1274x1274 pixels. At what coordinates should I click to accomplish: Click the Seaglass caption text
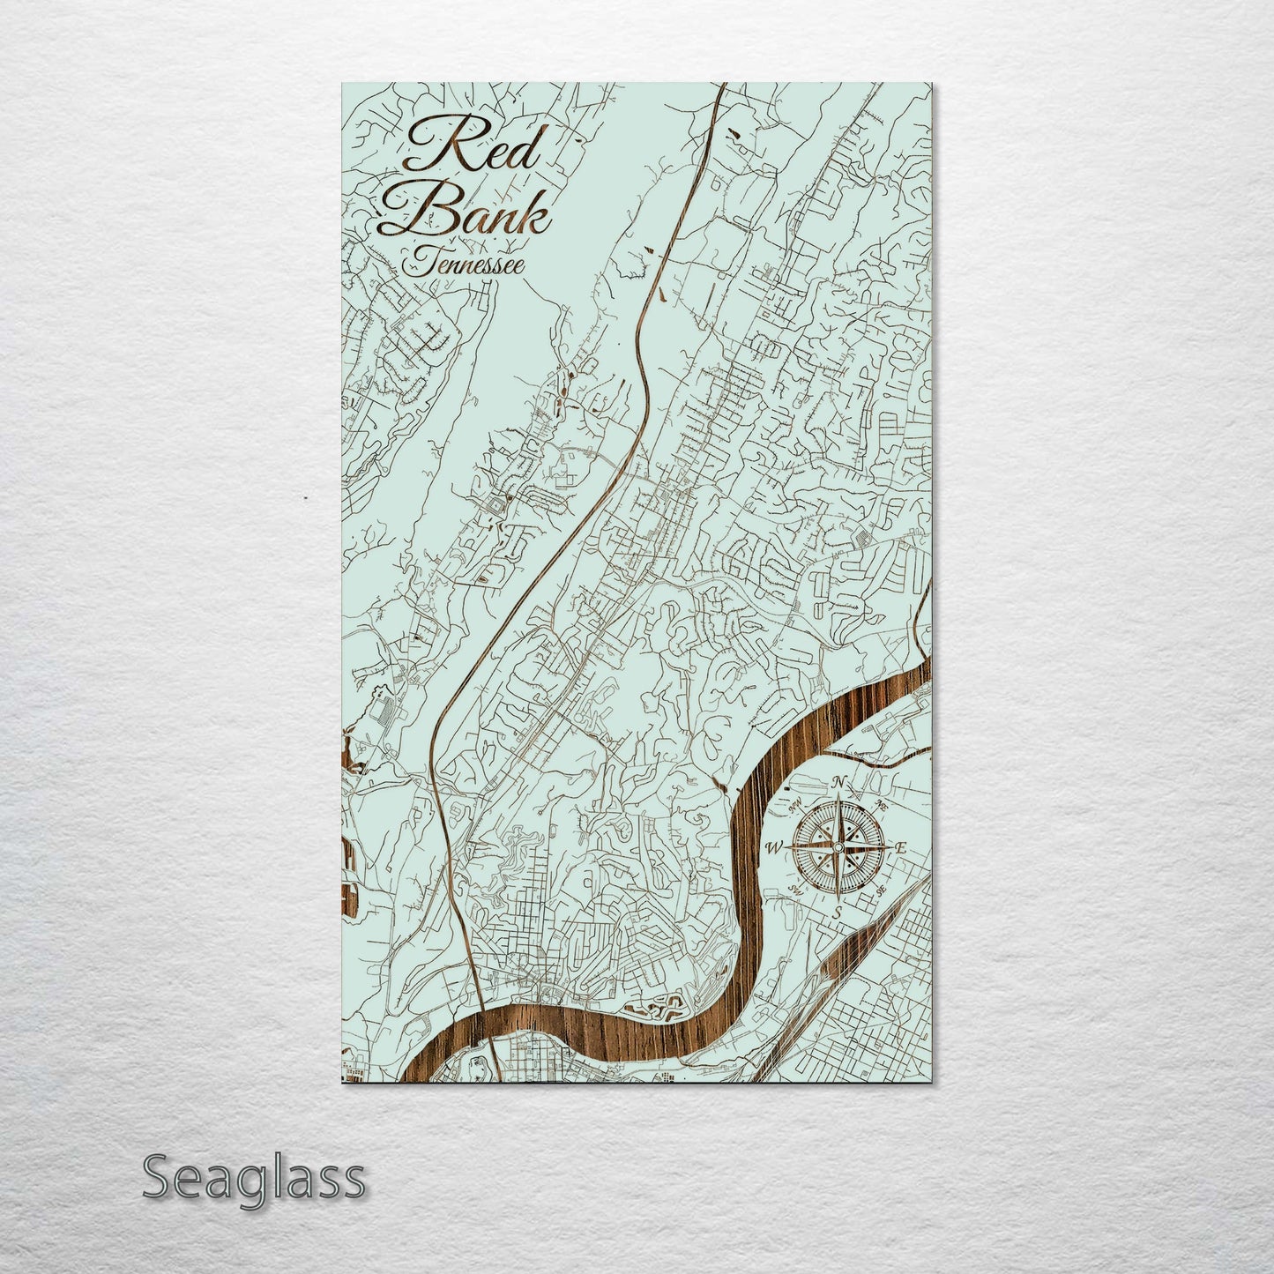click(x=253, y=1178)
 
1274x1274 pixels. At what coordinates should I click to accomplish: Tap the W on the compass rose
click(x=774, y=848)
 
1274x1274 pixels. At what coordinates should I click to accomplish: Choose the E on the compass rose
click(x=901, y=848)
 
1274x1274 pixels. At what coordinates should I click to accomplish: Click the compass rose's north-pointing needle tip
click(x=838, y=796)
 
